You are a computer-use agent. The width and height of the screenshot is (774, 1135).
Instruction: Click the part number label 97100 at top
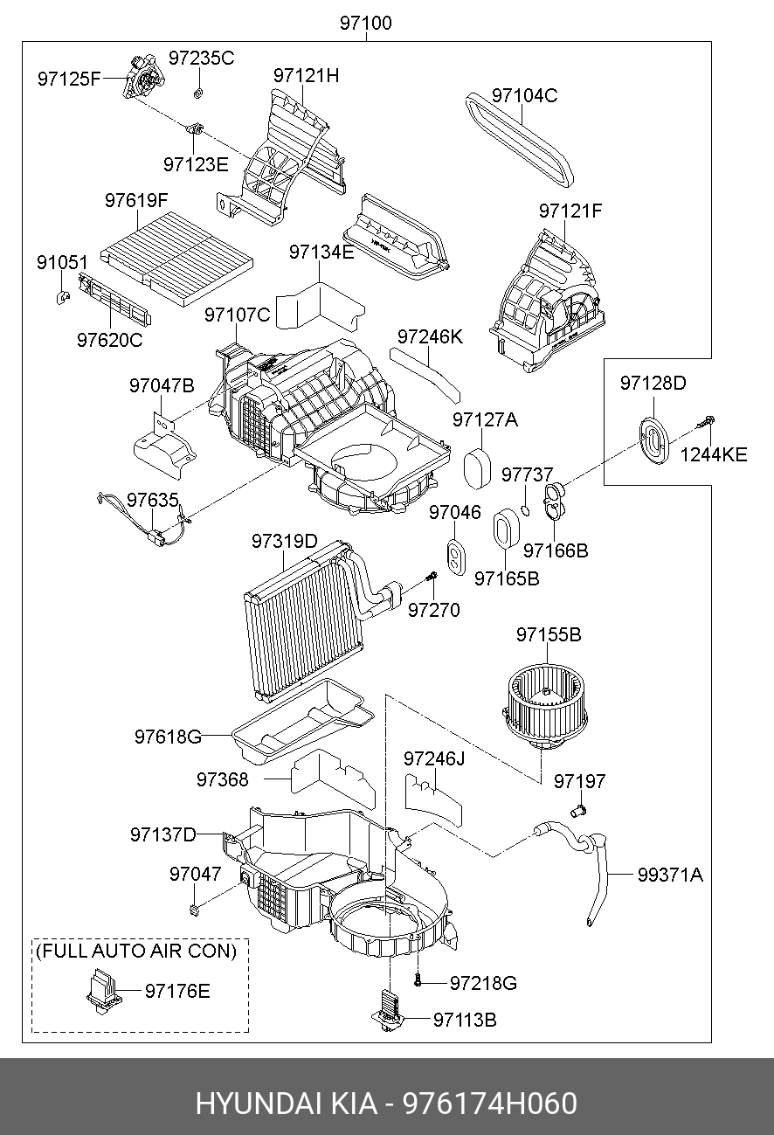[x=366, y=24]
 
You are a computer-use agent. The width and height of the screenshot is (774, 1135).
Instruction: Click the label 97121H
[x=306, y=76]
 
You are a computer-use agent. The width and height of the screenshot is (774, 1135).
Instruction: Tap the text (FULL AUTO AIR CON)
[x=136, y=951]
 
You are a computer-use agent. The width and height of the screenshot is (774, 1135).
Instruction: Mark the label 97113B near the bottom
[x=464, y=1020]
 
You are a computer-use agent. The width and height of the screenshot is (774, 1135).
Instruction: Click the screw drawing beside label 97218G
[x=418, y=981]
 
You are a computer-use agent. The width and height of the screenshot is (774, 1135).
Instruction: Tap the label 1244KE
[x=714, y=455]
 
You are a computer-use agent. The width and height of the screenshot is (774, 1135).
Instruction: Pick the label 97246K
[x=430, y=336]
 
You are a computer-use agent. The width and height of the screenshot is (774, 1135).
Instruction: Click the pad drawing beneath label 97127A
[x=477, y=469]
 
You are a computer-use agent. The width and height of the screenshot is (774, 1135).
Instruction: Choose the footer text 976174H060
[x=489, y=1104]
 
